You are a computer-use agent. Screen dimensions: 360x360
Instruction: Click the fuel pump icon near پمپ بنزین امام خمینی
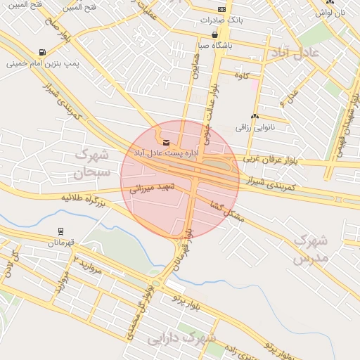tap(44, 52)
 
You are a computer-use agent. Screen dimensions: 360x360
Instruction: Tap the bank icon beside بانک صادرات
tap(221, 9)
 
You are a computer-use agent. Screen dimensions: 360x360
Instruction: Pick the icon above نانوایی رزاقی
tap(254, 117)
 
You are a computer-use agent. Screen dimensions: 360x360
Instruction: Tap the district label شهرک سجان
tap(91, 162)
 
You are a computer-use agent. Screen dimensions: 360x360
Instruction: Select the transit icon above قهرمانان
tap(61, 231)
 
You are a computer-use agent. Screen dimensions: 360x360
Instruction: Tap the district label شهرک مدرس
tap(311, 250)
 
